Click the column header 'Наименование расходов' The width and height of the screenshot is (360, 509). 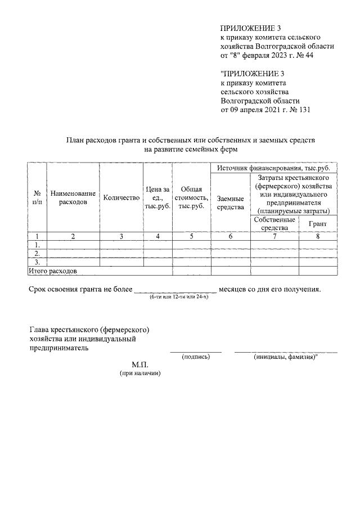point(73,197)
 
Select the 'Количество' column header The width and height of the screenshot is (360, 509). point(121,197)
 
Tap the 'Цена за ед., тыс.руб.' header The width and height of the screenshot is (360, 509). point(157,197)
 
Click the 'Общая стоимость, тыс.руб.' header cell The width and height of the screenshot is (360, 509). point(191,197)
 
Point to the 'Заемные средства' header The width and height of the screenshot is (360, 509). point(230,202)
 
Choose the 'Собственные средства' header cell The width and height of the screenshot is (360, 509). point(274,223)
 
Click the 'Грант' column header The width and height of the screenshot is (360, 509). point(318,224)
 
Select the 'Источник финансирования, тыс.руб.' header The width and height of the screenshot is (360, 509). point(273,168)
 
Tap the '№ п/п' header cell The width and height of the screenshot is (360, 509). point(37,197)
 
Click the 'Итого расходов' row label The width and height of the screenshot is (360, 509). point(53,271)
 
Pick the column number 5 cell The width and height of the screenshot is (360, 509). point(191,236)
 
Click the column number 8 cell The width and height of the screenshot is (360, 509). point(318,236)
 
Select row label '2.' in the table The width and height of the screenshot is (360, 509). point(37,254)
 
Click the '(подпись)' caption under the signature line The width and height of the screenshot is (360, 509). point(195,357)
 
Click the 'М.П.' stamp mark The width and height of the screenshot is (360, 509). point(139,365)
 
